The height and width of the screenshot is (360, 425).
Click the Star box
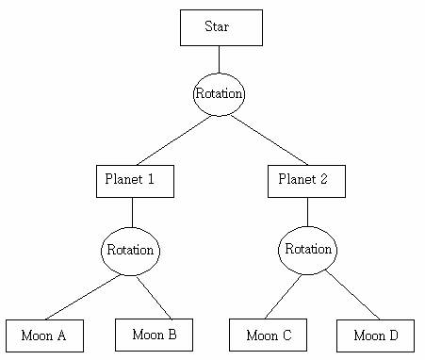(x=221, y=27)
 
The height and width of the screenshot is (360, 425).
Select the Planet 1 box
(x=135, y=181)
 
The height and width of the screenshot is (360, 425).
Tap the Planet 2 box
(x=306, y=181)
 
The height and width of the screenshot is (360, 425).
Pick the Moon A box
(x=44, y=335)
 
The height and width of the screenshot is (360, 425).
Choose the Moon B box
(x=154, y=335)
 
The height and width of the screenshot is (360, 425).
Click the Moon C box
(x=268, y=335)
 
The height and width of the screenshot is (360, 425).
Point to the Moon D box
(x=375, y=335)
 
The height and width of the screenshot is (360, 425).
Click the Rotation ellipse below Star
(x=220, y=94)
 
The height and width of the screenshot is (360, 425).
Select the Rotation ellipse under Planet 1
(x=130, y=251)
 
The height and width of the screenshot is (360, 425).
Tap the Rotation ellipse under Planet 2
(x=307, y=250)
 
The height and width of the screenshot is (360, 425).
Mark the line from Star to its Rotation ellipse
(x=220, y=59)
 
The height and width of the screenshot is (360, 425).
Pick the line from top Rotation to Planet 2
(x=269, y=139)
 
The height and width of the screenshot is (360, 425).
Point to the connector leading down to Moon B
(x=155, y=297)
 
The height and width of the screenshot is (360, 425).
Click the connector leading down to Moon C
(x=282, y=297)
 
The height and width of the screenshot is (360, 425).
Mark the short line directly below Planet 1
(x=131, y=212)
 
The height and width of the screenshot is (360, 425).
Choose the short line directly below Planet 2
(x=307, y=211)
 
